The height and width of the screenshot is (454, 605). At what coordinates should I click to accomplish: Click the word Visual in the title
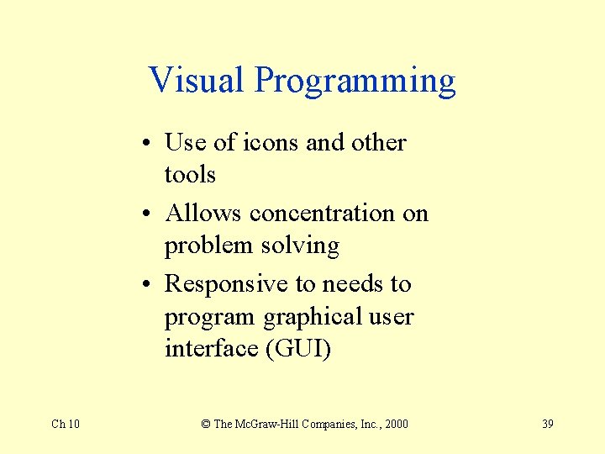(197, 81)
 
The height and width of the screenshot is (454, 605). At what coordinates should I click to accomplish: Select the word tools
(190, 175)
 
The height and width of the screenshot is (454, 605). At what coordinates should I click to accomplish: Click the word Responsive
(226, 285)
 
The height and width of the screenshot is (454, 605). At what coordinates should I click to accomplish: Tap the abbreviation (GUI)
(297, 348)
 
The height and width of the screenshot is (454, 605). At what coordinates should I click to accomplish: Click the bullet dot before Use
(147, 144)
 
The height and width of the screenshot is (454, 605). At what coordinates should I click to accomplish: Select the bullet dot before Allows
(147, 214)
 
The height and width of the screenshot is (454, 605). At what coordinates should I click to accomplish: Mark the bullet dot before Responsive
(147, 285)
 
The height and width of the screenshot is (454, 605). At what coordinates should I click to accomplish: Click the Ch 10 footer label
(66, 424)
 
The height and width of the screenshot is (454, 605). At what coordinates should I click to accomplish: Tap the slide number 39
(547, 424)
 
